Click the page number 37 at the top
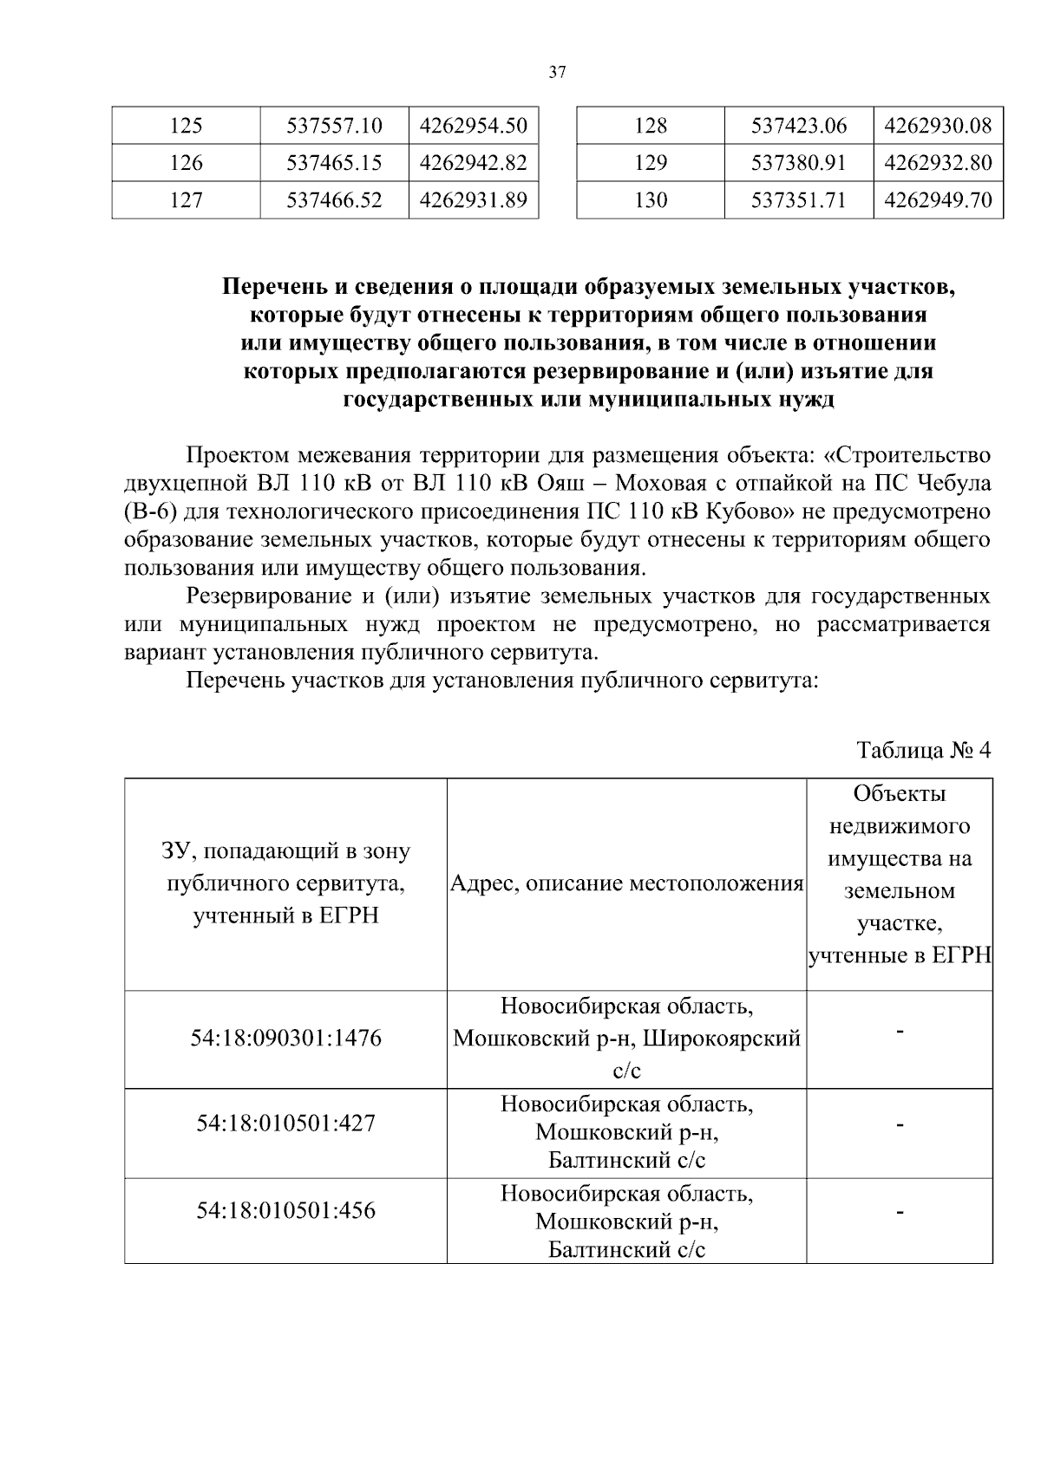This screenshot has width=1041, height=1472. pyautogui.click(x=557, y=73)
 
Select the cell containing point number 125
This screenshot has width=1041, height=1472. pyautogui.click(x=186, y=126)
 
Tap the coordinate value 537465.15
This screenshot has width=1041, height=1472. pyautogui.click(x=334, y=163)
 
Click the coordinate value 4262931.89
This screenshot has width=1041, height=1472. pyautogui.click(x=473, y=200)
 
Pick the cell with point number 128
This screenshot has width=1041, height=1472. pyautogui.click(x=650, y=126)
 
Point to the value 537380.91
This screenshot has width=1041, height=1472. pyautogui.click(x=798, y=163)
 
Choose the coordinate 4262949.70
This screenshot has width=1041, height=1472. pyautogui.click(x=937, y=200)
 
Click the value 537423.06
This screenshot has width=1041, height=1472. pyautogui.click(x=798, y=126)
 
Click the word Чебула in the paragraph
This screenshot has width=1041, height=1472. pyautogui.click(x=955, y=483)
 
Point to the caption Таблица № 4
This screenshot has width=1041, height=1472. pyautogui.click(x=922, y=749)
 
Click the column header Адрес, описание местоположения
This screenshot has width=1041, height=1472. pyautogui.click(x=626, y=883)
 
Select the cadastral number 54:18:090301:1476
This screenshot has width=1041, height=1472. pyautogui.click(x=285, y=1038)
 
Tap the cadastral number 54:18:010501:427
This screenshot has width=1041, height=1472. pyautogui.click(x=285, y=1124)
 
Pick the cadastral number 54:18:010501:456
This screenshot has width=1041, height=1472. pyautogui.click(x=285, y=1210)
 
